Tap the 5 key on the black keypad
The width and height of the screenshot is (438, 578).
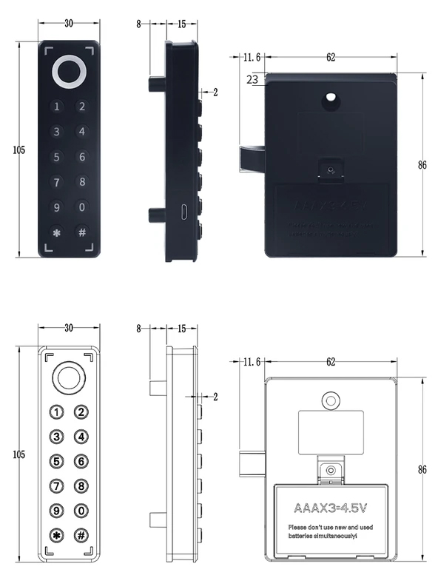coord(56,157)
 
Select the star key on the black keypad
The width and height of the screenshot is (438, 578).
coord(56,232)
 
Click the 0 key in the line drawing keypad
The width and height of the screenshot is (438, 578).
coord(82,511)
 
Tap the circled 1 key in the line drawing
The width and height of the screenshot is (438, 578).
coord(56,412)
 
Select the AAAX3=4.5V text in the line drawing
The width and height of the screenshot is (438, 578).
coord(330,510)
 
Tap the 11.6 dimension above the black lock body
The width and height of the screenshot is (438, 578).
coord(252,57)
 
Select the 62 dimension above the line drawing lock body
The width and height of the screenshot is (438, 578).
coord(330,362)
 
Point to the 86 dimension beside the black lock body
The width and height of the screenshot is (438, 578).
coord(422,165)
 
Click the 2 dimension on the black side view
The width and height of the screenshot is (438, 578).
coord(215,93)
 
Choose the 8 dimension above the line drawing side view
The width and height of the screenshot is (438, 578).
coord(138,328)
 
